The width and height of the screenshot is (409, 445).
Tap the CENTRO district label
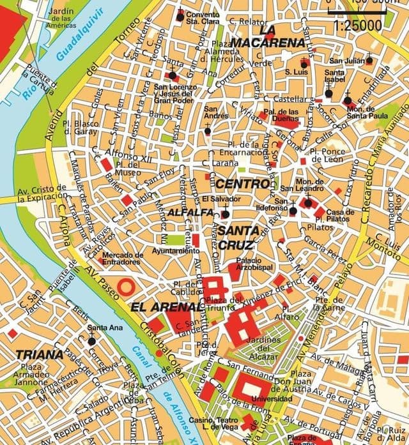242,184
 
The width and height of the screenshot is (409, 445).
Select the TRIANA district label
40,354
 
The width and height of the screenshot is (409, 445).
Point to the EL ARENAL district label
161,307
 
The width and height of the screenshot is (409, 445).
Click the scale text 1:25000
359,26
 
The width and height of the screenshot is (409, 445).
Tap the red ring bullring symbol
126,285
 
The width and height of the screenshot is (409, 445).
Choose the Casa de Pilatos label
340,216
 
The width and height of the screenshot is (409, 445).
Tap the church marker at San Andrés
207,132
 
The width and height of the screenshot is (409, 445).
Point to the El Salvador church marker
225,214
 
